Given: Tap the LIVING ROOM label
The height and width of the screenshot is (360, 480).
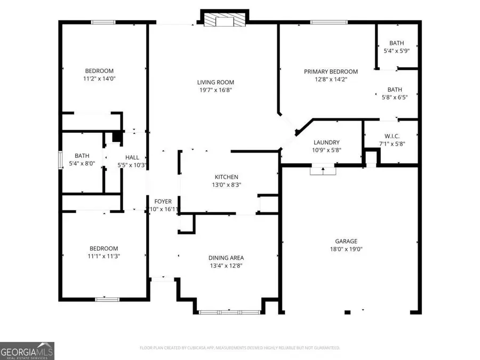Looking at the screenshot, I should point(215,82).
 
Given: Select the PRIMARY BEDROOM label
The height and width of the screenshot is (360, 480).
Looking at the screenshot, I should point(331,71).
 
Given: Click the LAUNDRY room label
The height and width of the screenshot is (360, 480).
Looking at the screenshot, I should point(326,142).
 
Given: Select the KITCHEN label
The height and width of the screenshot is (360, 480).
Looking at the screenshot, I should point(226,177).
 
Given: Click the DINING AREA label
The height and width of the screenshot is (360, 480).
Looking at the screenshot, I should point(226,258).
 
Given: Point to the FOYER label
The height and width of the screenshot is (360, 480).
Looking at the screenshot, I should point(163,201).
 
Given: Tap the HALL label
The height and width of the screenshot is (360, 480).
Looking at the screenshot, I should point(132,157).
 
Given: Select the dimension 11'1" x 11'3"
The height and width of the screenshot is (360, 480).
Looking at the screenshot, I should point(103,256).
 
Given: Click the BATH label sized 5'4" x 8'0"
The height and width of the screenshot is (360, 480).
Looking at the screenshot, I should point(82,156).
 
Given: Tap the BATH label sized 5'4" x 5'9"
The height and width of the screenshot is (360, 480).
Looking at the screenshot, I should point(396,43).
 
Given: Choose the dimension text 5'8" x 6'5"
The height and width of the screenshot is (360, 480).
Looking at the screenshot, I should point(395,98).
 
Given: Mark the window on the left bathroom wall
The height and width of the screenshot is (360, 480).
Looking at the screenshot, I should point(60,160).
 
